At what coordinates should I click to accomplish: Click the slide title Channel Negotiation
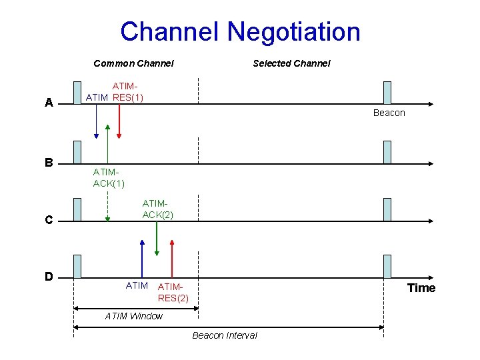click(240, 31)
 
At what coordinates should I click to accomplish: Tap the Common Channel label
click(133, 63)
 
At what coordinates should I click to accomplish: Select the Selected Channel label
click(291, 63)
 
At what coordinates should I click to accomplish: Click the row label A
click(49, 103)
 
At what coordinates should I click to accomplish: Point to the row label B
click(49, 162)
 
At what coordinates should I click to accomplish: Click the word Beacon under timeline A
click(389, 113)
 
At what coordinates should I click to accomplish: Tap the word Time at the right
click(421, 288)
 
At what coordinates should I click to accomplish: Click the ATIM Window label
click(134, 316)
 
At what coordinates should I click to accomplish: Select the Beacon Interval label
click(225, 335)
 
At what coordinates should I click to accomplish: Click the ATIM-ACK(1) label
click(109, 178)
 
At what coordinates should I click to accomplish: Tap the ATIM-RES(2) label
click(173, 292)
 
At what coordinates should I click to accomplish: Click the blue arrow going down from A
click(97, 120)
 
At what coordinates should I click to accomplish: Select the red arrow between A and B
click(119, 120)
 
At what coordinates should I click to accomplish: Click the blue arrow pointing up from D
click(142, 257)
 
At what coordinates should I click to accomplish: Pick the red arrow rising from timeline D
click(172, 257)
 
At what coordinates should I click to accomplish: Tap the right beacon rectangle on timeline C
click(387, 209)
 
